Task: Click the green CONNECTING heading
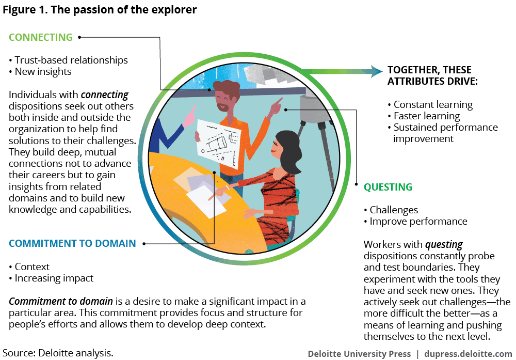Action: click(x=41, y=37)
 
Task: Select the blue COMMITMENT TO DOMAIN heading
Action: click(x=72, y=243)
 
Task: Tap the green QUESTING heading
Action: click(x=388, y=187)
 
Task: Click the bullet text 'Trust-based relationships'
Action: click(x=71, y=60)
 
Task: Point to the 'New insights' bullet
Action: click(x=43, y=71)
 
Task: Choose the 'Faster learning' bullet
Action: click(x=426, y=116)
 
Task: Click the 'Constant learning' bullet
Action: click(x=433, y=104)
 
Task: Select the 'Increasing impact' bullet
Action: click(x=54, y=278)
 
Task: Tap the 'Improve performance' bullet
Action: click(x=418, y=221)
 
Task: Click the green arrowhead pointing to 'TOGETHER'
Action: click(x=375, y=70)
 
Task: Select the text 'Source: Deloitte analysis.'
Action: click(x=57, y=353)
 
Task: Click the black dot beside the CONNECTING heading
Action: click(x=79, y=37)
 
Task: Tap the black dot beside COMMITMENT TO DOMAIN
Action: click(x=144, y=243)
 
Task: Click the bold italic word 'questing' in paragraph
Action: click(x=444, y=245)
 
